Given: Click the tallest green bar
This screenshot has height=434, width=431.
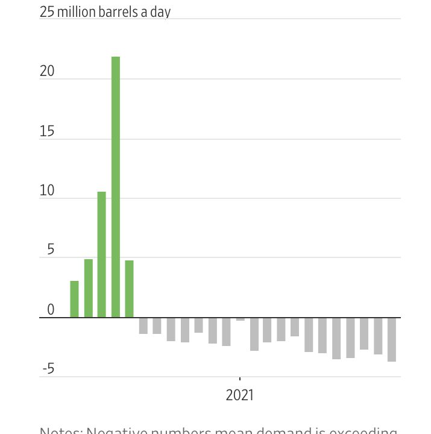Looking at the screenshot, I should [116, 187].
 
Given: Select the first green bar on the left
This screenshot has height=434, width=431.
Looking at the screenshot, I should [74, 299].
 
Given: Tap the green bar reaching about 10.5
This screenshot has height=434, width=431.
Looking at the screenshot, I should [102, 254].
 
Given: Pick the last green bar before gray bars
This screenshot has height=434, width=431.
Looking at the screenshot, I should [130, 289].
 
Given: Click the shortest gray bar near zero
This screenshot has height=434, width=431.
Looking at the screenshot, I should [240, 319].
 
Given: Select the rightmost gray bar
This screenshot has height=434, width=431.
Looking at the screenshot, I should [391, 339].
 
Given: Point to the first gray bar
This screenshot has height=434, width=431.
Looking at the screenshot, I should [143, 325].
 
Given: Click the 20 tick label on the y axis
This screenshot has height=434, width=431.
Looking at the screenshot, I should [47, 71].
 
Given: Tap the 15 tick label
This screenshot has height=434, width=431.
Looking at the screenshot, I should [47, 131].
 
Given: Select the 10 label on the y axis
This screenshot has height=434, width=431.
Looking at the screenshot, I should [47, 190].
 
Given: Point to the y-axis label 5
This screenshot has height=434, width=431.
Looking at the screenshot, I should [51, 250].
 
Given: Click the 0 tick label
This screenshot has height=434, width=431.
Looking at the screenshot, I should [51, 310].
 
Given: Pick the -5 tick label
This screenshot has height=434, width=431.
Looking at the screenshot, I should [48, 369].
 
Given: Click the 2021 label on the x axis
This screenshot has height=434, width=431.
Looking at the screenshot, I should [240, 395].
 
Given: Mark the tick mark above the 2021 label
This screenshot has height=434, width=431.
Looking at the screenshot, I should [240, 380].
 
